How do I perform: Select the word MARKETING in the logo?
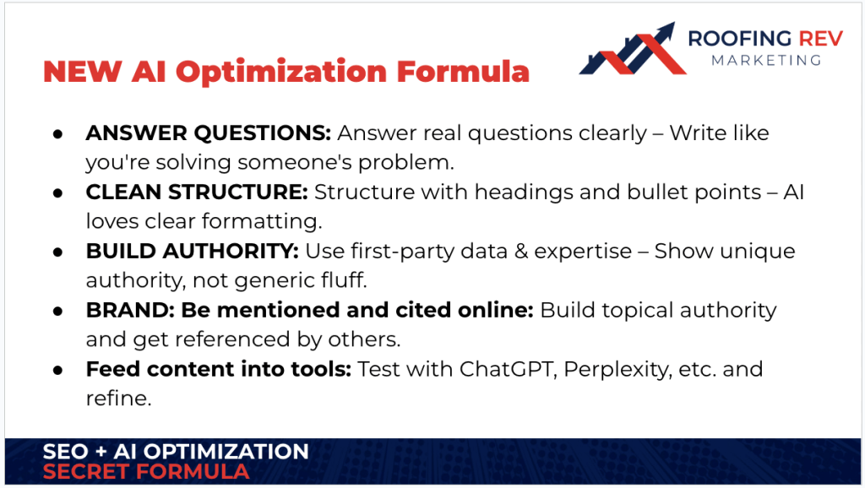point(765,60)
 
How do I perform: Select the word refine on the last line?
point(118,398)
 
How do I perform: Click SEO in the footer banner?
point(65,452)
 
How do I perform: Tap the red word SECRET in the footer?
point(92,472)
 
